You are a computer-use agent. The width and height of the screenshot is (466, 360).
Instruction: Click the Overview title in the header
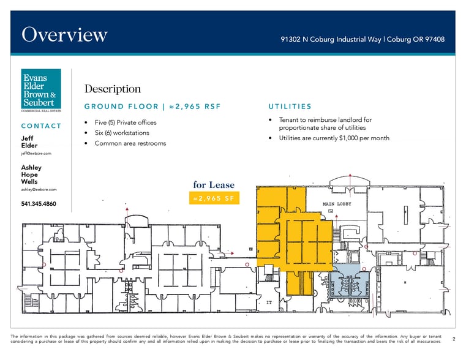(x=64, y=35)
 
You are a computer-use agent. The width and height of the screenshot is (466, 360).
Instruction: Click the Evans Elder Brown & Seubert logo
(x=41, y=91)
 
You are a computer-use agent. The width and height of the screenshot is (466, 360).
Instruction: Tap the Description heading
(x=113, y=89)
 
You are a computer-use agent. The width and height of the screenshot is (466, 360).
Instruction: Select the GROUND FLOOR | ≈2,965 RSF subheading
(x=152, y=107)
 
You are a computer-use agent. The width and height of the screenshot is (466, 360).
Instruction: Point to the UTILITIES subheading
(x=290, y=107)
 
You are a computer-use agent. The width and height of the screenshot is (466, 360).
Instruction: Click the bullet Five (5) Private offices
(x=126, y=122)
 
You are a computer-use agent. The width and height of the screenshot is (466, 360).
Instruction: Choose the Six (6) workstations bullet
(x=121, y=133)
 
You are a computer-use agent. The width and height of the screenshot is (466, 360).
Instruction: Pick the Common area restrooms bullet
(x=130, y=143)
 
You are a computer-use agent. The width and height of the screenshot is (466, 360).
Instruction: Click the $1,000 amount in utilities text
(x=345, y=138)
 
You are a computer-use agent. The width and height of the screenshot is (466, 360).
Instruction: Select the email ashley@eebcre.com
(x=39, y=190)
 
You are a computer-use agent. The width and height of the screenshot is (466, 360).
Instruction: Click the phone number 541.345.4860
(x=39, y=203)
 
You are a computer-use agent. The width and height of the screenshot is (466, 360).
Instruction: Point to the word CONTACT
(x=41, y=126)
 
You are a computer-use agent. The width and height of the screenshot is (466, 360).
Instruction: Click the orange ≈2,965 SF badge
(x=214, y=198)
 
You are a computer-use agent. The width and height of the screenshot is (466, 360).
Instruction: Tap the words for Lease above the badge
(x=214, y=185)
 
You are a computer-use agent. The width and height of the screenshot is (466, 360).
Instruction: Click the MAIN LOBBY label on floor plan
(x=337, y=203)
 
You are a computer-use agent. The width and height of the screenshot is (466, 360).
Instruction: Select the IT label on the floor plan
(x=269, y=302)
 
